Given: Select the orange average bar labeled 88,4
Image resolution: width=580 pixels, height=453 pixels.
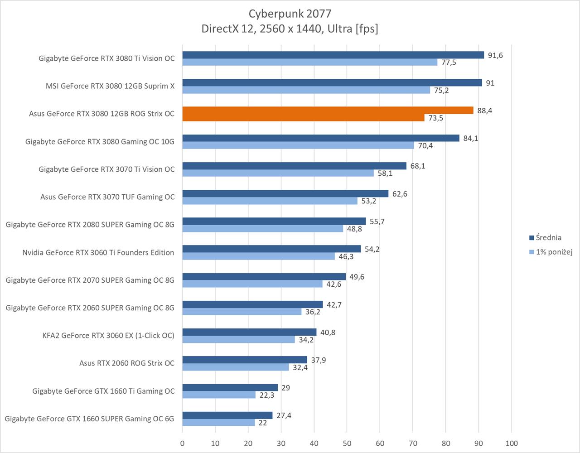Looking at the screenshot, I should tap(328, 111).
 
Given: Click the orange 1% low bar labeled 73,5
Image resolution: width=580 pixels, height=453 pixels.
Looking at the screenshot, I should tap(303, 118).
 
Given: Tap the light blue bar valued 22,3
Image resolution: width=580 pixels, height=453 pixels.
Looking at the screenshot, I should tap(219, 395).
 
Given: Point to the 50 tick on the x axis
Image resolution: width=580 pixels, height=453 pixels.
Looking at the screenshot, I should tap(347, 443).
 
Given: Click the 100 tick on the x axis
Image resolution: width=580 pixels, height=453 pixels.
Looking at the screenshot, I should tap(512, 443).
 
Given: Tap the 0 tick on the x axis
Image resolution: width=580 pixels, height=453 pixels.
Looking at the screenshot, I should tap(183, 443).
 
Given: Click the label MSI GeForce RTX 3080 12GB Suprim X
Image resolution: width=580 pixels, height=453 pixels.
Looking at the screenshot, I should tap(110, 86).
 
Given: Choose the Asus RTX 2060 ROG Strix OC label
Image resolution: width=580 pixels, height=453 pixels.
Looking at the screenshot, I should tap(127, 363).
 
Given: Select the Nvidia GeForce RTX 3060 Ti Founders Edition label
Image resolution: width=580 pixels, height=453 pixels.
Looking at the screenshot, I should tap(98, 252).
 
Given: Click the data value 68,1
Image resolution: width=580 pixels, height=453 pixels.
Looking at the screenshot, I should tap(417, 166).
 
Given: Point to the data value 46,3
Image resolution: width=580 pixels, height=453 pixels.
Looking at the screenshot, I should tap(346, 257).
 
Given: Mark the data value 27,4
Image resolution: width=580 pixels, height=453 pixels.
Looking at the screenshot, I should tap(284, 415).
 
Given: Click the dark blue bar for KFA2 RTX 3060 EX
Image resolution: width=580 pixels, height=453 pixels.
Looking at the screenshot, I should tap(249, 332).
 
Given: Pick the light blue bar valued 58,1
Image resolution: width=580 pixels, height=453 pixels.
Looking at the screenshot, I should tap(278, 173).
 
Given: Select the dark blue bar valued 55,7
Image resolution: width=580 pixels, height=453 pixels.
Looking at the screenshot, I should tap(274, 221).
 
